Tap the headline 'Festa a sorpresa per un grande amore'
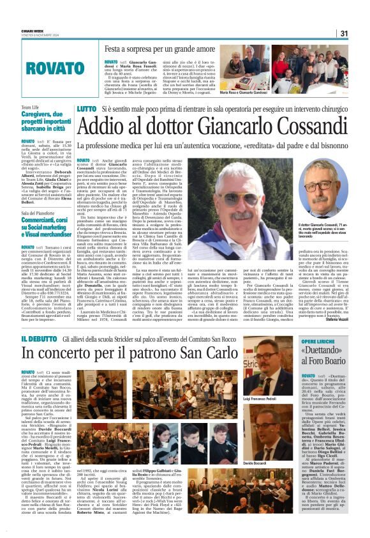[x=163, y=49]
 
